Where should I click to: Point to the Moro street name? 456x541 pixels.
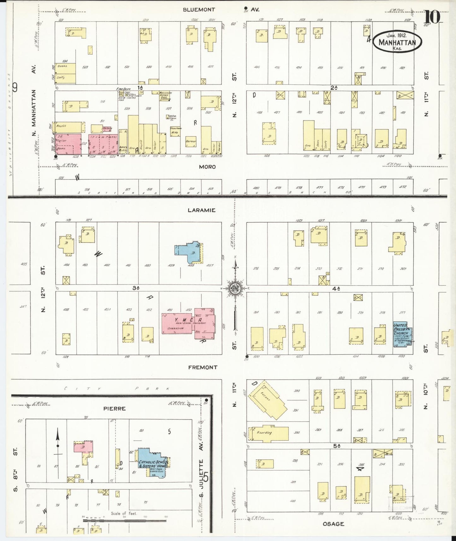tap(207, 167)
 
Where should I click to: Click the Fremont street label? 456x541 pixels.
tap(203, 367)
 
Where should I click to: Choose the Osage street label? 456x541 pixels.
tap(333, 524)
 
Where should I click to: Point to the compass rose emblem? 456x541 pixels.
tap(235, 288)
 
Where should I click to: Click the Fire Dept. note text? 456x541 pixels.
tap(121, 90)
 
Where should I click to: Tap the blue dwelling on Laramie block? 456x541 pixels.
tap(189, 252)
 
